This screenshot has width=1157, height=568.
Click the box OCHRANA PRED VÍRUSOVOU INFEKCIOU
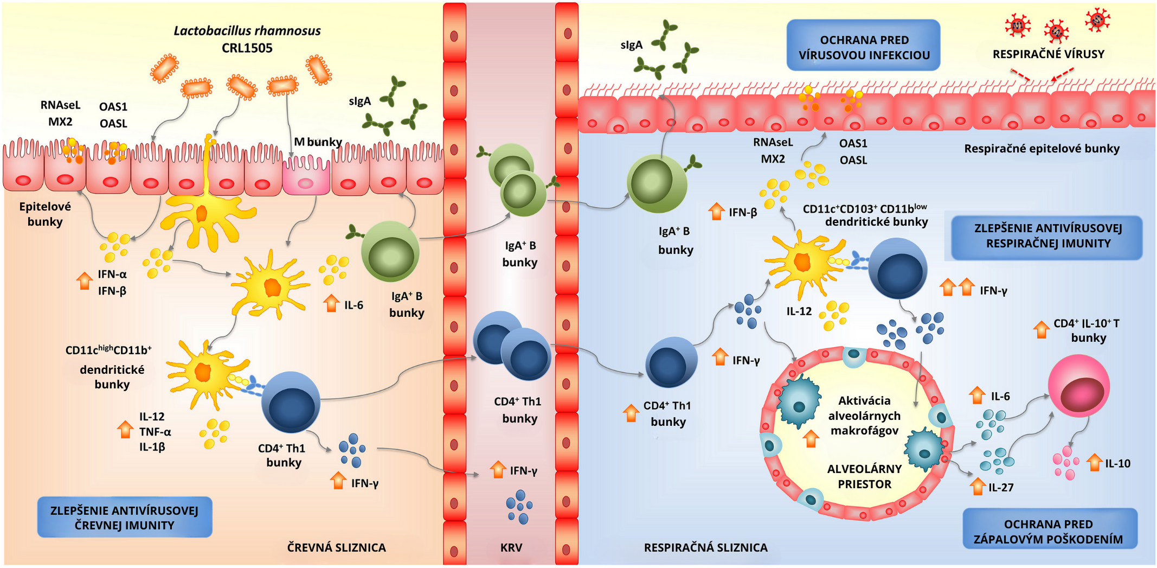coord(863,47)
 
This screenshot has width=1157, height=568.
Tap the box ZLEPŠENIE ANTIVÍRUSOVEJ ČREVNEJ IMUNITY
coord(124,518)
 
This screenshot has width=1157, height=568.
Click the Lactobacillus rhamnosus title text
coord(247,31)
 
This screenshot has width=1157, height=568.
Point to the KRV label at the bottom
coord(511,547)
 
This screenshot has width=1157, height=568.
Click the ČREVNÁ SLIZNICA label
coord(336,547)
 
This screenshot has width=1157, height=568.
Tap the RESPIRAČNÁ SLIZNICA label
coord(705,547)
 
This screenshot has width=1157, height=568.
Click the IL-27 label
coord(1000,487)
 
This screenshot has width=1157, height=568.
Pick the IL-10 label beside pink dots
coord(1117,463)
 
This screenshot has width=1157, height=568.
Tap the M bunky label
coord(318,142)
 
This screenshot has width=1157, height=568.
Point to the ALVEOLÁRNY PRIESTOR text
coord(864,476)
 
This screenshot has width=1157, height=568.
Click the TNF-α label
coord(155,432)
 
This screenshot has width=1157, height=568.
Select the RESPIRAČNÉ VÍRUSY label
coord(1048,54)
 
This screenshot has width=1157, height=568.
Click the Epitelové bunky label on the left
coord(45,214)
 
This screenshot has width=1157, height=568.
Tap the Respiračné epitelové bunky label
coord(1041,149)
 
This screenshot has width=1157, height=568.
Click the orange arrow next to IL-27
coord(978,486)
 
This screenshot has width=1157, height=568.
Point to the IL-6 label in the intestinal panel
coord(353,305)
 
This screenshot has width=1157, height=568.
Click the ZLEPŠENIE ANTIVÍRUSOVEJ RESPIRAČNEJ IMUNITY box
coord(1047,236)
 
